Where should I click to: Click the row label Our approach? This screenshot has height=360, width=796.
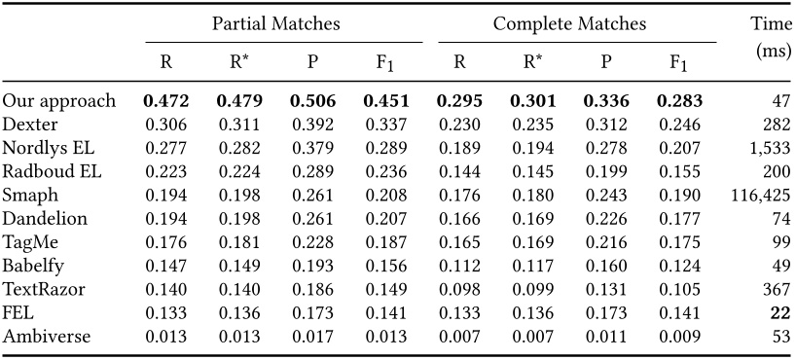pos(58,101)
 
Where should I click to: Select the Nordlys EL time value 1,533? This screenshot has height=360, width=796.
pos(766,148)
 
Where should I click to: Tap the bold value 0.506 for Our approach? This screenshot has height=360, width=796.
pos(312,101)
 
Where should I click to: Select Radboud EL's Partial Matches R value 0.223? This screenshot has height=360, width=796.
pos(166,171)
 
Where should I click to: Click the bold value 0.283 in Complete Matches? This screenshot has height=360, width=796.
pos(679,101)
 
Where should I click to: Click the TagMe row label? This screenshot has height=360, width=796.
pos(27,241)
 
